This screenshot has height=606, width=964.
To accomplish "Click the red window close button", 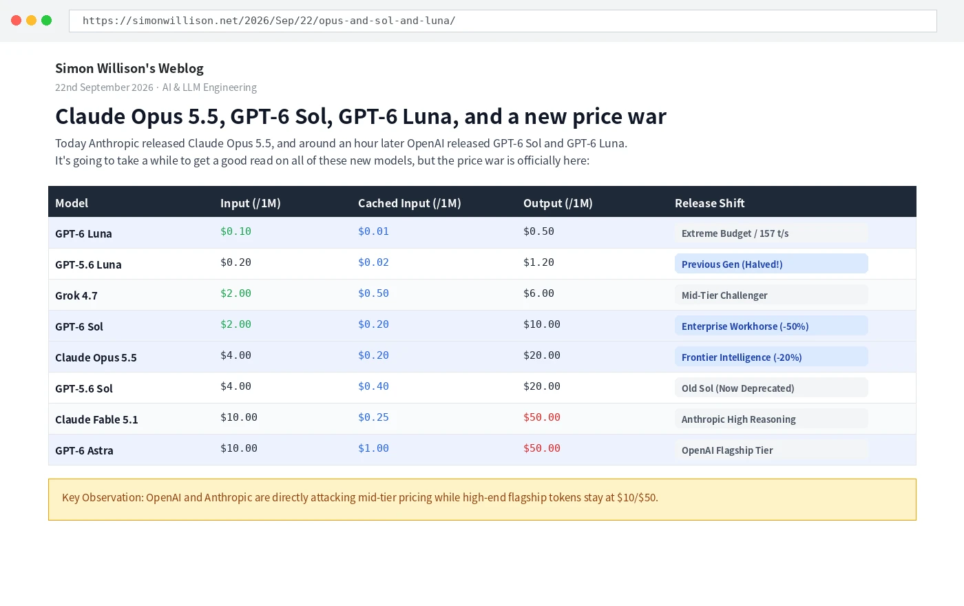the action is click(17, 21).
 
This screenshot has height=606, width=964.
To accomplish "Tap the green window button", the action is click(47, 21).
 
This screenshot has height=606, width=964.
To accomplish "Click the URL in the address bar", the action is click(269, 21).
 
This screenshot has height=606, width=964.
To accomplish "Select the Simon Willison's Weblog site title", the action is click(129, 68).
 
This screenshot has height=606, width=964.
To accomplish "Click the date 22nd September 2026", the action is click(104, 87).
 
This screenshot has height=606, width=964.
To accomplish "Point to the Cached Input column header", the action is click(409, 203).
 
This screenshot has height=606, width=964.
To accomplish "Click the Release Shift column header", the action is click(710, 203).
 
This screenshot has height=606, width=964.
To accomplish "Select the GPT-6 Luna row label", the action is click(83, 233).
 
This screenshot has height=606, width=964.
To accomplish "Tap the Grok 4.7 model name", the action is click(76, 295).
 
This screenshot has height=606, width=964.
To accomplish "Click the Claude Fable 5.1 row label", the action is click(96, 419).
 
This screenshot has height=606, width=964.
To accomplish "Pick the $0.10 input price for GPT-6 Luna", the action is click(235, 231).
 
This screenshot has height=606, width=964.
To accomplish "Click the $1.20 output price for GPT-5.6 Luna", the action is click(538, 262).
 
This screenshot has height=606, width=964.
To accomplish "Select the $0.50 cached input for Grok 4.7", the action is click(373, 293).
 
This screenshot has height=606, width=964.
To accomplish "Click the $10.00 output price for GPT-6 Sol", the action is click(542, 324).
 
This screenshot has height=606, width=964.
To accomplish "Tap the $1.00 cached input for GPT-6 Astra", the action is click(373, 448).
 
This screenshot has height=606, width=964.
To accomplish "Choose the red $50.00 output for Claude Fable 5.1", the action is click(542, 417).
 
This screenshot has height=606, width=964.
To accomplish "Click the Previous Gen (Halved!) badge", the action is click(771, 264).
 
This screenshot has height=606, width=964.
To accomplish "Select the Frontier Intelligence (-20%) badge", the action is click(771, 357).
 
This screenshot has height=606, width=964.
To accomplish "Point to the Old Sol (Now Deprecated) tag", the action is click(771, 388).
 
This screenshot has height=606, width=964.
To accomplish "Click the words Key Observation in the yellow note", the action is click(103, 497).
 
